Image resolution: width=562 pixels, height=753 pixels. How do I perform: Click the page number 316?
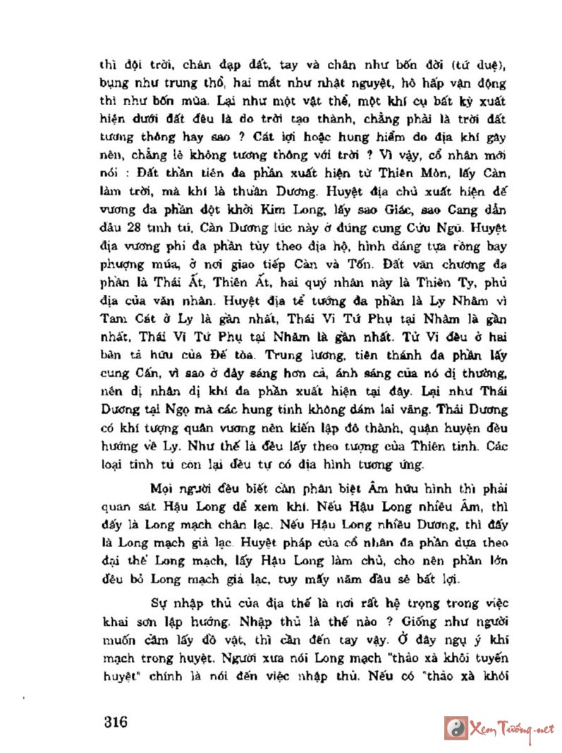click(114, 723)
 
